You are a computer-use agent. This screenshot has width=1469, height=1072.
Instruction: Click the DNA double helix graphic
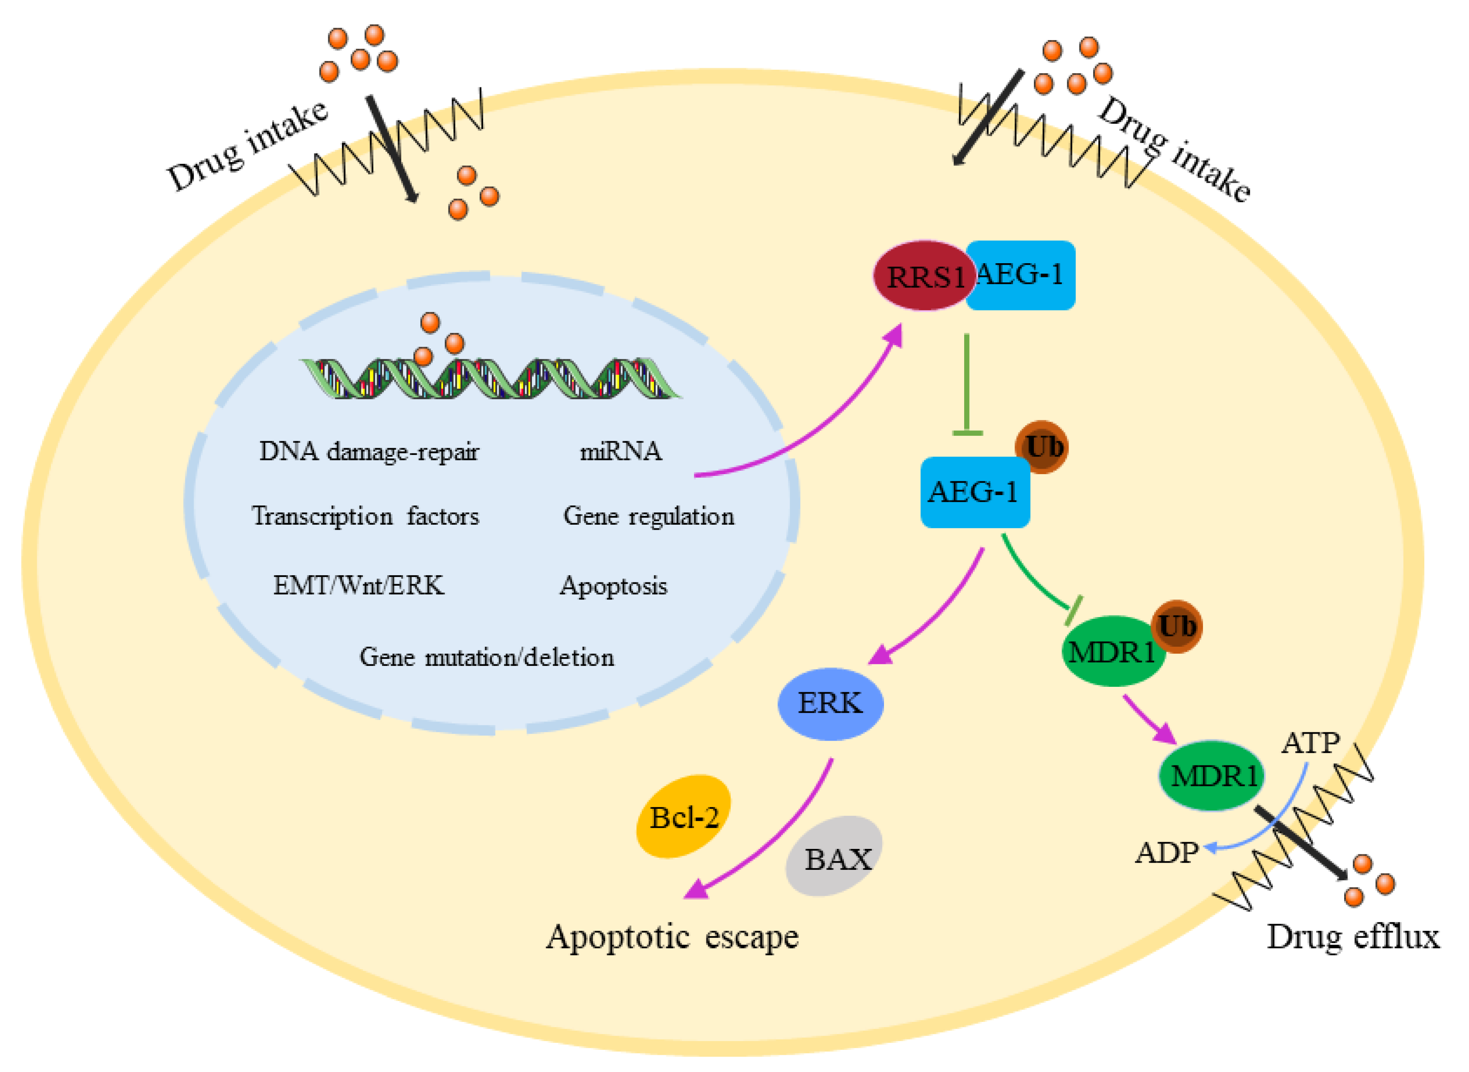pos(490,379)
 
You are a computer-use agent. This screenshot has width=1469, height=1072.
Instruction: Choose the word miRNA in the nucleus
pos(621,452)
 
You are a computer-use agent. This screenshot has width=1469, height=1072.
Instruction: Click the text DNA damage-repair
pos(369,452)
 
